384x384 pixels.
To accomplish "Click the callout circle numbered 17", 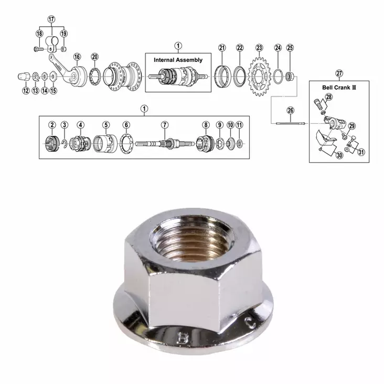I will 51,19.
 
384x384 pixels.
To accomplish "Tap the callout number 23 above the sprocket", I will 259,48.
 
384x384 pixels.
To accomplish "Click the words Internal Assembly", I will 178,60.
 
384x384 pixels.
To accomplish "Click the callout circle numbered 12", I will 26,91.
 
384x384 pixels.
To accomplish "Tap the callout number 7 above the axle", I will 165,125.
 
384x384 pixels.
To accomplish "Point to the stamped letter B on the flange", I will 183,334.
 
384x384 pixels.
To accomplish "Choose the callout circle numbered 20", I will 94,57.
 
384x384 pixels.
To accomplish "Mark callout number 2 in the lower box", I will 52,125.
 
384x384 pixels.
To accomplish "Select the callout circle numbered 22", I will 240,48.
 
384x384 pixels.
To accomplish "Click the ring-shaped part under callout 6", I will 126,143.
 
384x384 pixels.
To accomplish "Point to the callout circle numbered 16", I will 77,57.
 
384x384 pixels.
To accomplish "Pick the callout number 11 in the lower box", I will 239,125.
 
